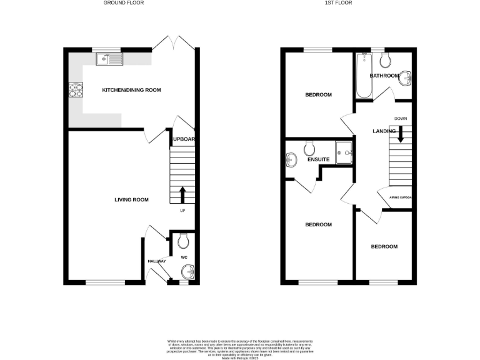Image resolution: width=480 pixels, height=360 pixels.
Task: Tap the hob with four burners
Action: pos(76,91)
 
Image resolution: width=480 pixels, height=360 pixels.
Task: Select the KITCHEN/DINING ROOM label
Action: pos(131,90)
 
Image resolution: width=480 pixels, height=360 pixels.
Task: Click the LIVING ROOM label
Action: pos(131,200)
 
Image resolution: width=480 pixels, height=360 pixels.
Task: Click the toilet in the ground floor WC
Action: pos(182,241)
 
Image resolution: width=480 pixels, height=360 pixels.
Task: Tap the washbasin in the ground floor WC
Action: pos(187,272)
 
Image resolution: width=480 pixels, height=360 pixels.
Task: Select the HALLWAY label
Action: pos(156,261)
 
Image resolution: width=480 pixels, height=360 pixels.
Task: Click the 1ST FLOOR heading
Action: pos(347,3)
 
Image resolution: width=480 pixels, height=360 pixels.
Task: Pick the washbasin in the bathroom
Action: pos(406,78)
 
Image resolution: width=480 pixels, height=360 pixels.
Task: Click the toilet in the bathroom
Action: pos(385,60)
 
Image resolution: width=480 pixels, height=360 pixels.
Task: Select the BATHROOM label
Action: pos(384,76)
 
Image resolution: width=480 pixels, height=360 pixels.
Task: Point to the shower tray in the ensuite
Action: pos(344,152)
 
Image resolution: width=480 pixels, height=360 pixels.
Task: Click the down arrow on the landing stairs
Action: pos(401,132)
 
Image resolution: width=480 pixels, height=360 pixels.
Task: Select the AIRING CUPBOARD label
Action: pos(400,197)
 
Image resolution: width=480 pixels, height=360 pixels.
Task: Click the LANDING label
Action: pos(383,131)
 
